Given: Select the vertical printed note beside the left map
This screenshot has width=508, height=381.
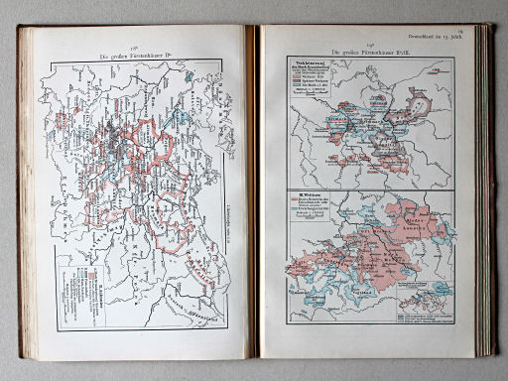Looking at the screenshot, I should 230,208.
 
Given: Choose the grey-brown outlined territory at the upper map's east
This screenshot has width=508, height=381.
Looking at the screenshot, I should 422,105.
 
